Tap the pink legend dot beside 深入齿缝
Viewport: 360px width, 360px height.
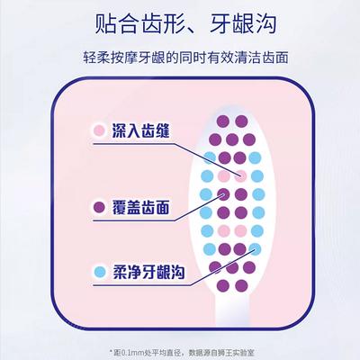pyautogui.click(x=99, y=130)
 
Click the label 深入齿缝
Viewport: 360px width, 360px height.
pyautogui.click(x=141, y=130)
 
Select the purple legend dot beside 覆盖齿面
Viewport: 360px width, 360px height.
pyautogui.click(x=99, y=207)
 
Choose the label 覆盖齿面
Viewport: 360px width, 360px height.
pyautogui.click(x=141, y=207)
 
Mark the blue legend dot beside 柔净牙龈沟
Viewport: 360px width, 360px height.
pyautogui.click(x=99, y=272)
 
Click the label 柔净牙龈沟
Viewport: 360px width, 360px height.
pyautogui.click(x=148, y=272)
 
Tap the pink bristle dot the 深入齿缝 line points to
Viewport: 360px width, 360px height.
pyautogui.click(x=241, y=175)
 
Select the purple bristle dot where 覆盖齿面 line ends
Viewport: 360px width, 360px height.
pyautogui.click(x=223, y=194)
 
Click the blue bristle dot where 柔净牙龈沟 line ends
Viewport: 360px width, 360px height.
pyautogui.click(x=255, y=249)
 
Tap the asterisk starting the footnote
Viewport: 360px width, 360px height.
pyautogui.click(x=111, y=351)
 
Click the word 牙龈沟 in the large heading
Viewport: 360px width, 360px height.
pyautogui.click(x=243, y=23)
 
